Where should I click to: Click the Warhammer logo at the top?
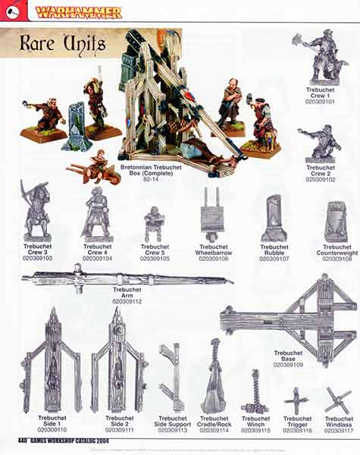(x=79, y=11)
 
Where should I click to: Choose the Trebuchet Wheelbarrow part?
(x=213, y=214)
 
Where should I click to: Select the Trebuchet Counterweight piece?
(x=335, y=221)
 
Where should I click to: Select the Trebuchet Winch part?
(x=255, y=392)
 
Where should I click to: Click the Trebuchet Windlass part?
(x=338, y=400)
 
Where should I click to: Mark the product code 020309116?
(x=296, y=430)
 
